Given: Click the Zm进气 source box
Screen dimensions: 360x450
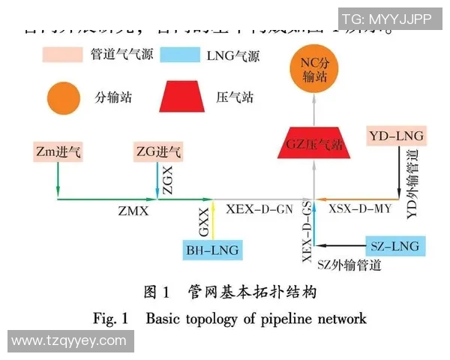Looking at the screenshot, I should (x=58, y=152).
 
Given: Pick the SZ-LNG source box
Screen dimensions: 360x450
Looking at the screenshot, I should (x=394, y=245).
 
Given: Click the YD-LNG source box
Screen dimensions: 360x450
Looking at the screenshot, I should (x=397, y=136).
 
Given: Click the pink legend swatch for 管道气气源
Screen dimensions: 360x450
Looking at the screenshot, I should (x=63, y=54).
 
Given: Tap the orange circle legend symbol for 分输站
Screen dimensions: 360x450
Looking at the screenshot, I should (x=64, y=97).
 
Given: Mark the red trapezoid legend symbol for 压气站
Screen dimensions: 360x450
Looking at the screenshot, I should (x=183, y=97).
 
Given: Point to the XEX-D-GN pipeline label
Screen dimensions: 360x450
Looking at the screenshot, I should (x=259, y=209).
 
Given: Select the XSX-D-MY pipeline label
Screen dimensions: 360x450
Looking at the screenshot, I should (x=360, y=209).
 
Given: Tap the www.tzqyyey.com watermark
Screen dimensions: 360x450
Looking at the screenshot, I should (x=69, y=341).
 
